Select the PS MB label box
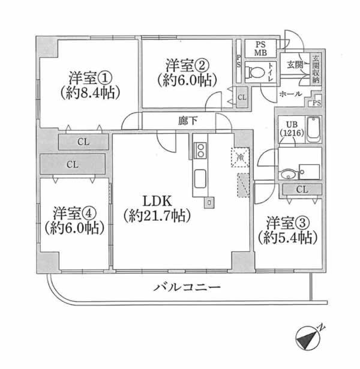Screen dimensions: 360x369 click(x=261, y=49)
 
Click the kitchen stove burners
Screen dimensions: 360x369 click(x=200, y=150)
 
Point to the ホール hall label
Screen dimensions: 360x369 click(x=290, y=94)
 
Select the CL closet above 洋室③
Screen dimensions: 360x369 click(x=302, y=190)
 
